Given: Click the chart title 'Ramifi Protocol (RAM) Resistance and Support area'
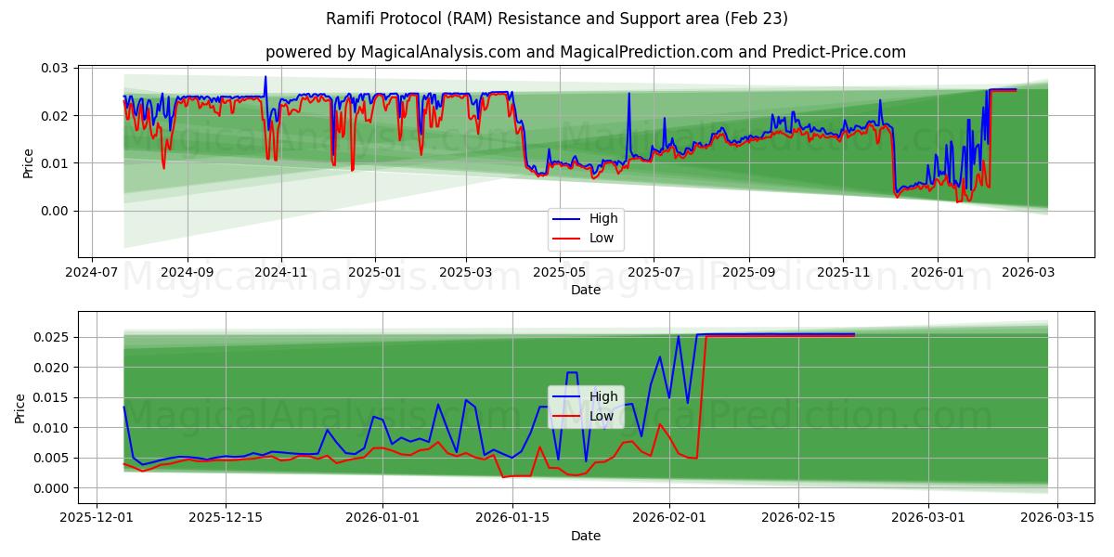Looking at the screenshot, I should pos(557,19).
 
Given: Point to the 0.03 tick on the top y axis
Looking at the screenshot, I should pos(55,69).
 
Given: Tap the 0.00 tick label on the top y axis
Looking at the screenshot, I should pos(55,211).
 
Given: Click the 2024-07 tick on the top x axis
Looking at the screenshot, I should pos(91,273).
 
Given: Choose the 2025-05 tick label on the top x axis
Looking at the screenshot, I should pos(559,273).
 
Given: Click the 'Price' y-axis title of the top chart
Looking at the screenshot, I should pos(28,163).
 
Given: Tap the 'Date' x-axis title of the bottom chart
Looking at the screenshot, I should pos(585,536).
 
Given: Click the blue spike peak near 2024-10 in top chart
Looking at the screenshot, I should pos(265,77).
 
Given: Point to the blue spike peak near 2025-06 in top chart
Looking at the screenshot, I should pos(628,93).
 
